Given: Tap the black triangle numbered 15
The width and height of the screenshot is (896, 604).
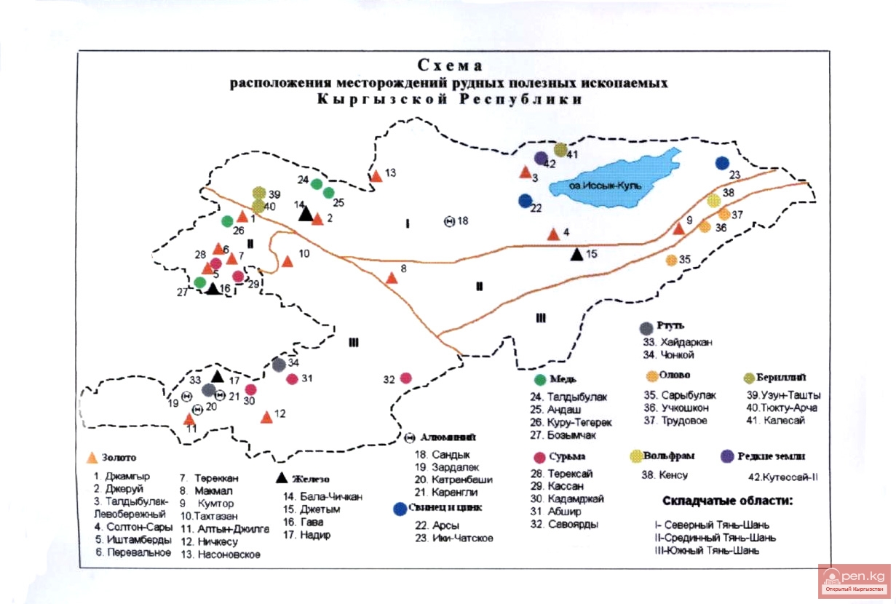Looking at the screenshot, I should pyautogui.click(x=576, y=254).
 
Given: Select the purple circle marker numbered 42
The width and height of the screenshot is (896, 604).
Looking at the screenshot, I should pyautogui.click(x=540, y=158).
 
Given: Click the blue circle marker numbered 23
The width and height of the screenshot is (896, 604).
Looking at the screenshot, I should pyautogui.click(x=722, y=163).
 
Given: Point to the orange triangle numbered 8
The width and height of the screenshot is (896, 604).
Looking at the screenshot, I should pyautogui.click(x=392, y=277).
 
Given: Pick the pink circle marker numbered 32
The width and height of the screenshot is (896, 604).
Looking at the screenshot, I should pyautogui.click(x=406, y=378).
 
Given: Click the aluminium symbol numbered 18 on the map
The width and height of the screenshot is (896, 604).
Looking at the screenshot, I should pyautogui.click(x=449, y=221).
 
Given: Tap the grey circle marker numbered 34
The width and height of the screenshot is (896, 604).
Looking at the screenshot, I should pyautogui.click(x=279, y=365).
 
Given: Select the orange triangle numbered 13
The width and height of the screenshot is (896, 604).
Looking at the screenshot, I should pyautogui.click(x=376, y=175).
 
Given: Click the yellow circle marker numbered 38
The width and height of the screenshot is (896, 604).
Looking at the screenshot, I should pyautogui.click(x=714, y=201).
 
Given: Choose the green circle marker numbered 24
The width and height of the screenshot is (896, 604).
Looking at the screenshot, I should pyautogui.click(x=317, y=184).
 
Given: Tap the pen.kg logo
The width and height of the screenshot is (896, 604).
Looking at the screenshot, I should pyautogui.click(x=854, y=580).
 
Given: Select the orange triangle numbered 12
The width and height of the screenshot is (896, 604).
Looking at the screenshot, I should pyautogui.click(x=266, y=417).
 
